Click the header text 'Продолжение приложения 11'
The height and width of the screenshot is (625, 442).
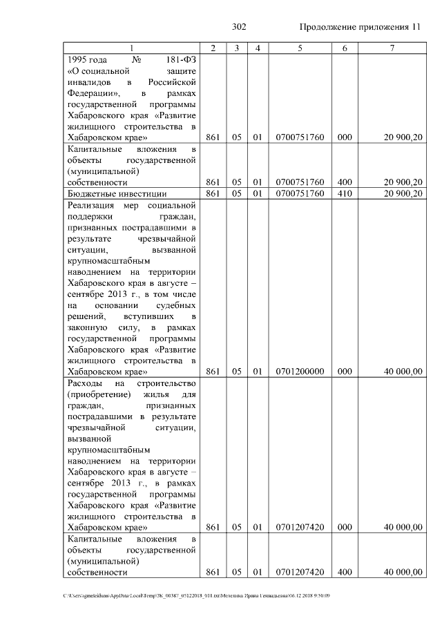[359, 27]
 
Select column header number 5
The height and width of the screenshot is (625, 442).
[300, 48]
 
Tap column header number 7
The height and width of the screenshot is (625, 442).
[392, 48]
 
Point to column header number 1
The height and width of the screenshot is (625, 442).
[132, 48]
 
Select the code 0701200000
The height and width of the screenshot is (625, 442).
[300, 372]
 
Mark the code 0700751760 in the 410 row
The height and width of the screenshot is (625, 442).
[300, 193]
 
